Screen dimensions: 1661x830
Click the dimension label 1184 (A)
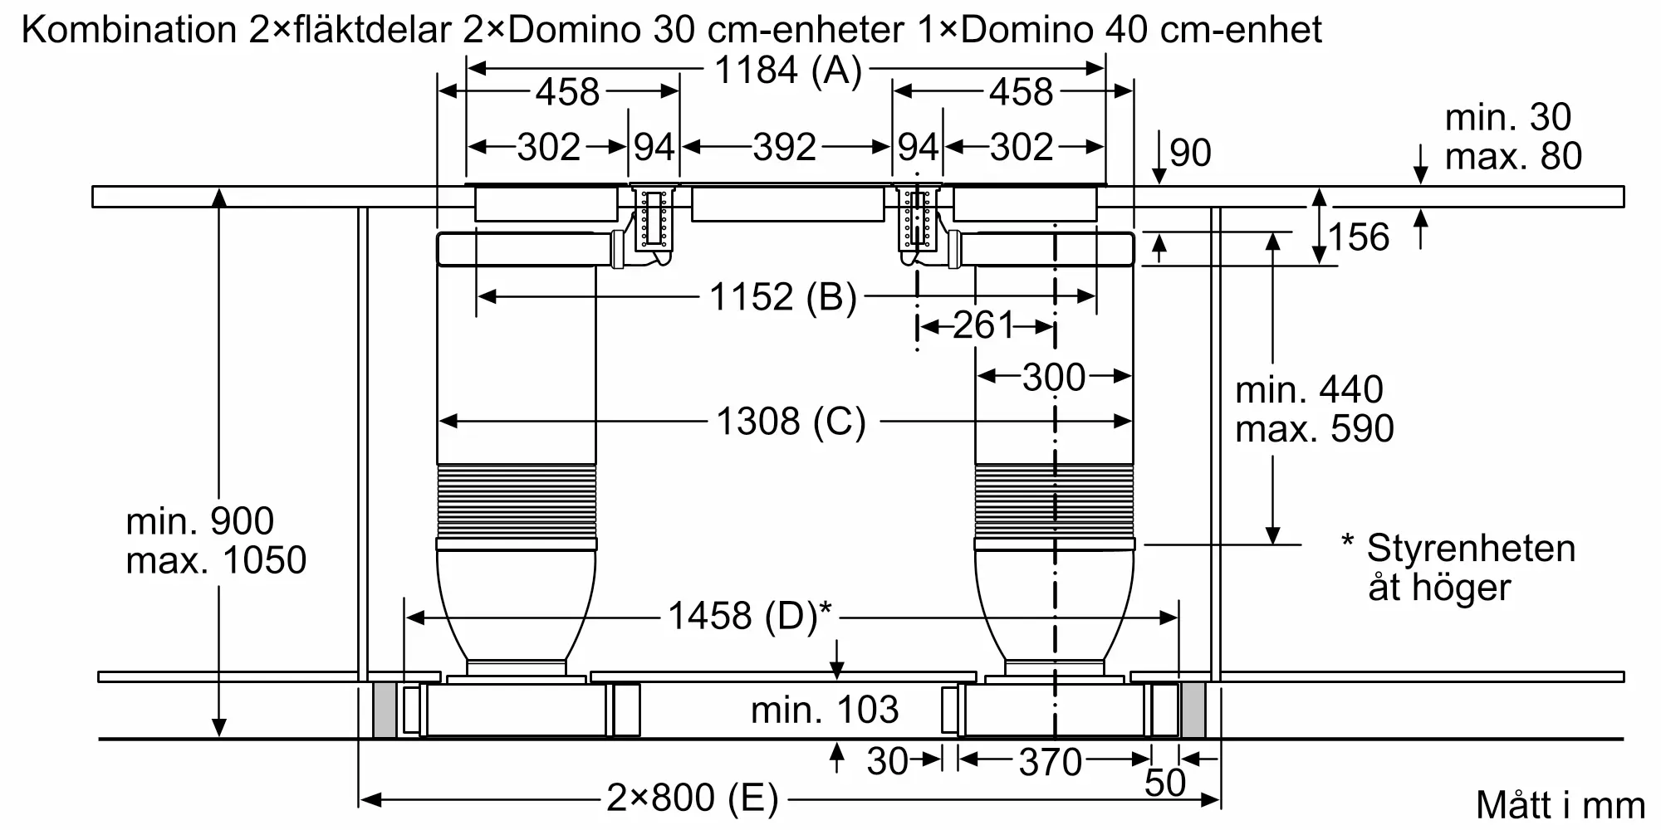(x=788, y=71)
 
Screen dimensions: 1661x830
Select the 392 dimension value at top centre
(x=785, y=148)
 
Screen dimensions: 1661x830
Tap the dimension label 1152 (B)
(x=782, y=297)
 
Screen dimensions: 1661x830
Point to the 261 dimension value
(x=983, y=325)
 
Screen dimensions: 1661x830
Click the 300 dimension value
(x=1054, y=378)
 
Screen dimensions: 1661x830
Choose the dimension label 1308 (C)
(x=791, y=422)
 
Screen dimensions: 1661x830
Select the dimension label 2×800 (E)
(x=693, y=798)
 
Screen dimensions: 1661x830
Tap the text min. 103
(x=825, y=710)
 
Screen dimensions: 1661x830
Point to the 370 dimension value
(x=1051, y=762)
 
